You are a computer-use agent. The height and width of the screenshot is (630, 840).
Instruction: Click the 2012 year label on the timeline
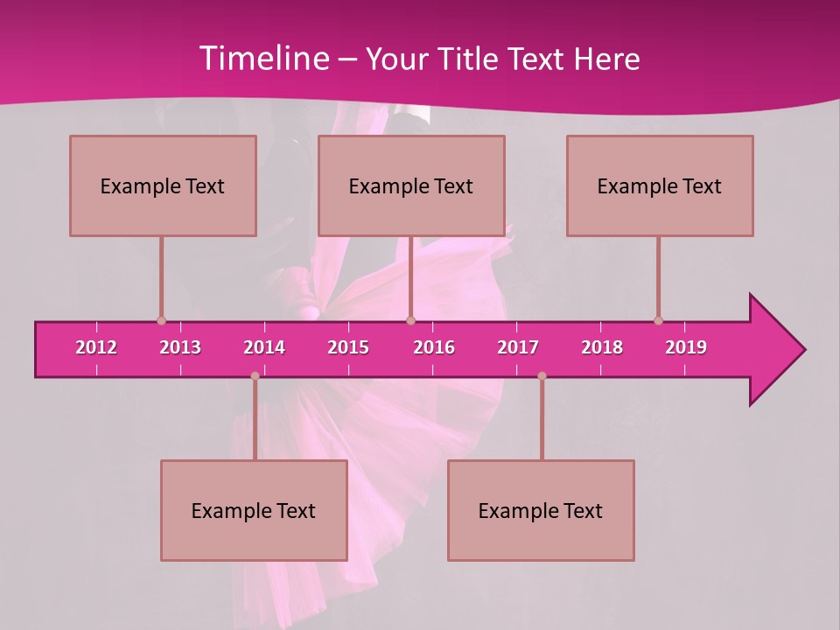[96, 347]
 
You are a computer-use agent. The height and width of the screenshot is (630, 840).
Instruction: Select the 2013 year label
[180, 347]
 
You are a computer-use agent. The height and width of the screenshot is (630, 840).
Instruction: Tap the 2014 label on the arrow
[264, 347]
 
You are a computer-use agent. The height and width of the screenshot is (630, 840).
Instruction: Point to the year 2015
[348, 347]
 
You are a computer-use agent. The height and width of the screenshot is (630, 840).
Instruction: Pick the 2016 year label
[434, 347]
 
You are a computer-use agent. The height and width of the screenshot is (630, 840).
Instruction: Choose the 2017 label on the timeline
[518, 347]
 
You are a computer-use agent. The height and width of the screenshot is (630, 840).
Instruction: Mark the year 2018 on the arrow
[602, 347]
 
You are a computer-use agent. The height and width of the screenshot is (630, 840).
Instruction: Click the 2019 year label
[686, 347]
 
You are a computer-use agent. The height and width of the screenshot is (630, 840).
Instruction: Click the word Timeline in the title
[263, 59]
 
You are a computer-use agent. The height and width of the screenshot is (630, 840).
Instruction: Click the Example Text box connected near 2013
[163, 185]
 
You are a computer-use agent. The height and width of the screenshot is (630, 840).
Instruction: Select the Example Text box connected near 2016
[411, 185]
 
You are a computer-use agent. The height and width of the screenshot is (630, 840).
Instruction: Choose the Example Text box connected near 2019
[660, 185]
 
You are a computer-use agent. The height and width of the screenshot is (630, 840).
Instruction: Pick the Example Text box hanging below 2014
[254, 510]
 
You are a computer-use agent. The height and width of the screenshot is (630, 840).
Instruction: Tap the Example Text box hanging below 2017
[541, 510]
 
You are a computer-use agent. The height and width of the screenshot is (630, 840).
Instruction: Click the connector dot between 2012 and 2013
[161, 320]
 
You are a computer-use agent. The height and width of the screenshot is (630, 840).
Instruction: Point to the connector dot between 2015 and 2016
[411, 320]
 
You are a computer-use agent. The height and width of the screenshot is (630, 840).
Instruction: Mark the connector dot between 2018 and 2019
[658, 320]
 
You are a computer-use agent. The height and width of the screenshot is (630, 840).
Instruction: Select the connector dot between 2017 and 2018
[542, 376]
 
